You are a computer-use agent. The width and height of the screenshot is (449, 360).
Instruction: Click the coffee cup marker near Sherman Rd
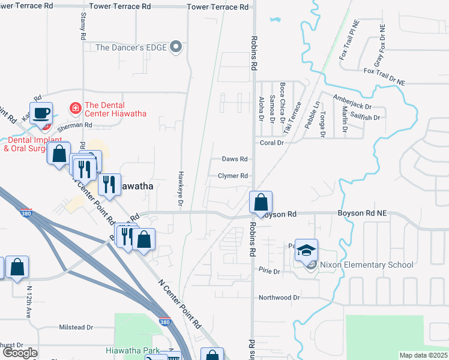41,113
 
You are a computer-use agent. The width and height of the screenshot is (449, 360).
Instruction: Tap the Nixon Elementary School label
367,265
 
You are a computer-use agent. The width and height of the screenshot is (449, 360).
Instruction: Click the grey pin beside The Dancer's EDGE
176,47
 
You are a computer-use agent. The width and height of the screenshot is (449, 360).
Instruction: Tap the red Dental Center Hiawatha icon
75,108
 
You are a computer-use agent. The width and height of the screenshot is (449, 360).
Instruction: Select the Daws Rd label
235,159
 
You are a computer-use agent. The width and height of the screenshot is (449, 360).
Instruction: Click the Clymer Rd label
233,176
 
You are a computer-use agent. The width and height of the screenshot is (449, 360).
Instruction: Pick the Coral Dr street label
271,143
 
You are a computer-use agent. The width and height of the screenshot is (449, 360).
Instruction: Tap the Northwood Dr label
279,298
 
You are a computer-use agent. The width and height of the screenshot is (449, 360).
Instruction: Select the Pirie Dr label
269,272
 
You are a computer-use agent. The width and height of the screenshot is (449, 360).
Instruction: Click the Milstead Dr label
76,328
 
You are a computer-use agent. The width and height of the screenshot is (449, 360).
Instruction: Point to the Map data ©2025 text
423,355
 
